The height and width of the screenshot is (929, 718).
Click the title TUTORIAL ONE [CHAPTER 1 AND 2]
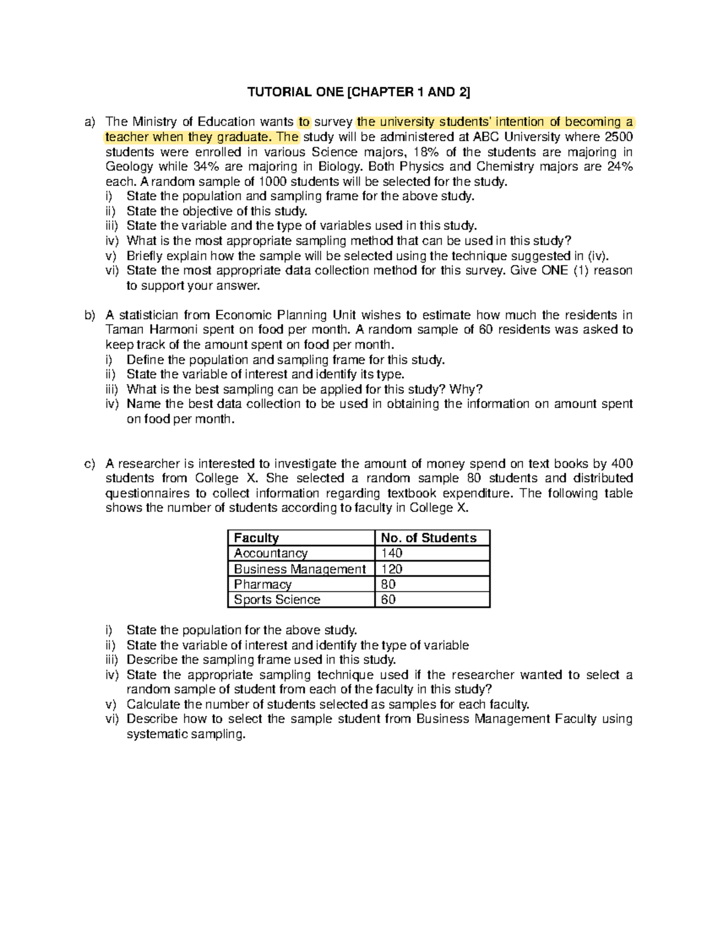click(x=359, y=92)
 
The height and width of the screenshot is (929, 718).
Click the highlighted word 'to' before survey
click(x=304, y=122)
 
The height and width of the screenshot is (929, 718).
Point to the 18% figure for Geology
click(x=425, y=152)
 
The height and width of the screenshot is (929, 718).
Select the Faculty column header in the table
click(x=256, y=538)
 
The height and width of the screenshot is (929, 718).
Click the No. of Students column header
click(x=428, y=538)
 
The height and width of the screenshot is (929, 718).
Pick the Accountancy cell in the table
click(x=270, y=553)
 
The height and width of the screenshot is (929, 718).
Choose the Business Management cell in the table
click(x=299, y=569)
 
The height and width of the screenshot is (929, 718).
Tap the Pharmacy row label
click(x=263, y=584)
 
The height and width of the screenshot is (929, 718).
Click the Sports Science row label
click(x=277, y=599)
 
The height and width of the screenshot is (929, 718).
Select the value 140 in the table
click(x=392, y=553)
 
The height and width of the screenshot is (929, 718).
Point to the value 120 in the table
click(x=392, y=569)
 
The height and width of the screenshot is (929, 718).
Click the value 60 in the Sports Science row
click(x=388, y=599)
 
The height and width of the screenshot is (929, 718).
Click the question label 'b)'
click(x=90, y=315)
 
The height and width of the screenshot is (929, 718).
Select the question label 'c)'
click(x=90, y=464)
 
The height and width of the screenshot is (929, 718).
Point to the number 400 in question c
click(x=622, y=464)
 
